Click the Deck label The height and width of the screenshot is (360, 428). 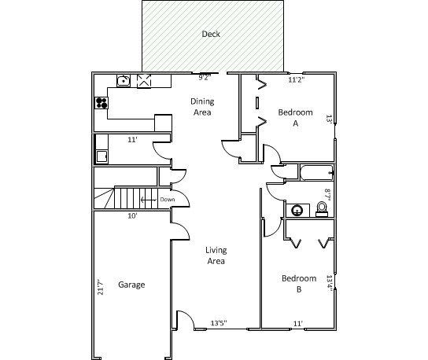(211, 34)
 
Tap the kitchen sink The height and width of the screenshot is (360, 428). (124, 81)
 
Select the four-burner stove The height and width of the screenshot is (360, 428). (101, 103)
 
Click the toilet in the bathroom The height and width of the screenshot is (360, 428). (322, 209)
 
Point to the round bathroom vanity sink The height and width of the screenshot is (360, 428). (297, 211)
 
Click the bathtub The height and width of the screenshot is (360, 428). (316, 173)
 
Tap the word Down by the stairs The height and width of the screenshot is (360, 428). (168, 200)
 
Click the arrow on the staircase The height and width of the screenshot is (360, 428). (149, 200)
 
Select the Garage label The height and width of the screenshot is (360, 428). (131, 285)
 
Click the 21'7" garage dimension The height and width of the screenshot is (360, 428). (101, 287)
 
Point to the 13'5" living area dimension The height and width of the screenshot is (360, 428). (219, 323)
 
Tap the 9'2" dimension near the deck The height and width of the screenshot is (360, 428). (205, 78)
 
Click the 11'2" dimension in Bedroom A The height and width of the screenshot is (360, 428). (297, 79)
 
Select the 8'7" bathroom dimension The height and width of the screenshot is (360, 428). (327, 195)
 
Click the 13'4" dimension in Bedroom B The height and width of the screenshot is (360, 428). (330, 284)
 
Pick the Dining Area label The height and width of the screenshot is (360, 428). (202, 107)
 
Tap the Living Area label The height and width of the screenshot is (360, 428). (216, 255)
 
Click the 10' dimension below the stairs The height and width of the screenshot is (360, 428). (132, 216)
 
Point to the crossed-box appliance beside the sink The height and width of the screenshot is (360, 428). (144, 81)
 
